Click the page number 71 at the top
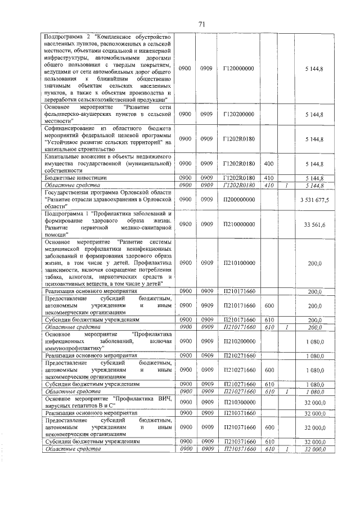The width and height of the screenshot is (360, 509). pyautogui.click(x=202, y=23)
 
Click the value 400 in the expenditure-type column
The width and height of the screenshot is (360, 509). pyautogui.click(x=268, y=164)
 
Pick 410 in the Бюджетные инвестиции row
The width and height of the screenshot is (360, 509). pyautogui.click(x=268, y=177)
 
